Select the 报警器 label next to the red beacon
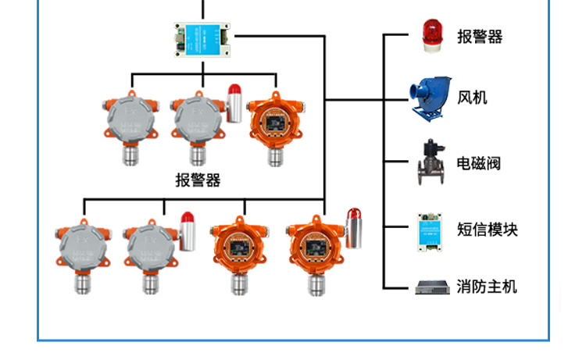point(479,37)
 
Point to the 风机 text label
point(472,97)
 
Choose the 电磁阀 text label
point(478,163)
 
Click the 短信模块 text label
point(487,229)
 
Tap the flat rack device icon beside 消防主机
point(434,287)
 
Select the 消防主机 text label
point(487,287)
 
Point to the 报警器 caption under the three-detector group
point(198,180)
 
